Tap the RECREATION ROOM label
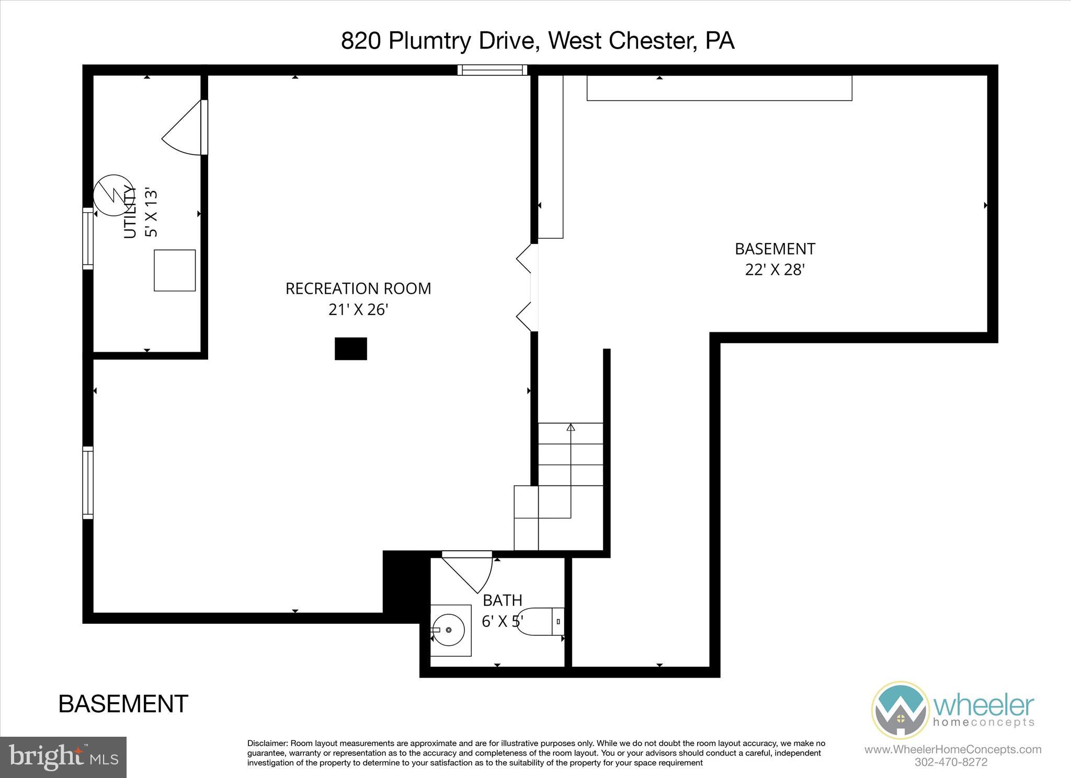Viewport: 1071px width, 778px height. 358,288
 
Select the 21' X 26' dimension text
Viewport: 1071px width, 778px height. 358,310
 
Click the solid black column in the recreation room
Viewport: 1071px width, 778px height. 351,349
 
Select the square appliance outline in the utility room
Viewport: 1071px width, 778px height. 175,270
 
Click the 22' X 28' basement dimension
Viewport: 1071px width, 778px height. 774,270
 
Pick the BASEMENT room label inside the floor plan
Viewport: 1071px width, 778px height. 774,249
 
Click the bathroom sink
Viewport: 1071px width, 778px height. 449,630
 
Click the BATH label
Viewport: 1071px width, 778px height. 503,600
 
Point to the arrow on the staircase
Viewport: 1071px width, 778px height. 571,427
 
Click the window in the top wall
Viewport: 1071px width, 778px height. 492,70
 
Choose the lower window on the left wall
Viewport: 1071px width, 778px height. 88,483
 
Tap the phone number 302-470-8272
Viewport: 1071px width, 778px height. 951,762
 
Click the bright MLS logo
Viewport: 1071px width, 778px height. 63,757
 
